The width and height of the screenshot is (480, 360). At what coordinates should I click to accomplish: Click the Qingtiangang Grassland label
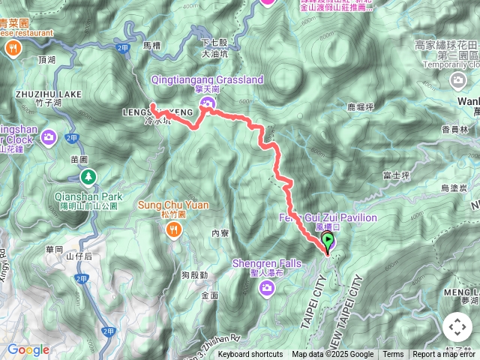(x=207, y=79)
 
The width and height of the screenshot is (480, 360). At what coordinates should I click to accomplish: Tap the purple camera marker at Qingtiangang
(x=207, y=103)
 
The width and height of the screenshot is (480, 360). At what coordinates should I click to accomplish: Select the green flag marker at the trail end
(x=328, y=241)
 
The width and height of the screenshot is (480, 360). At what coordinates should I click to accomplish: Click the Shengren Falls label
(x=266, y=263)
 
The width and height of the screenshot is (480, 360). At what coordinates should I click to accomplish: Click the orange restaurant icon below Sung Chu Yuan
(x=174, y=229)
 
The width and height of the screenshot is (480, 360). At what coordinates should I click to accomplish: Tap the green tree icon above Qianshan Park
(x=89, y=177)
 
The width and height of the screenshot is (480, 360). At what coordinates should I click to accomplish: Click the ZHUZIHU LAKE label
(x=49, y=94)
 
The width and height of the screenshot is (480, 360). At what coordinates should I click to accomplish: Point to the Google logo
(x=28, y=349)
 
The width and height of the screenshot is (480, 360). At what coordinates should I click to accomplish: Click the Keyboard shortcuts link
(x=250, y=355)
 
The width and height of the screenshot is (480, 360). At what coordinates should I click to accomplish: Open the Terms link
(x=393, y=355)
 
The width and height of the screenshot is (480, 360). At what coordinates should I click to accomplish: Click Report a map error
(x=443, y=355)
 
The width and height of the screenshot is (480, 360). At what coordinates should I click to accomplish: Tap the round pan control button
(x=457, y=328)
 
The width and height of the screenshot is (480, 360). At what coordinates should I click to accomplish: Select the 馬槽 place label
(x=152, y=46)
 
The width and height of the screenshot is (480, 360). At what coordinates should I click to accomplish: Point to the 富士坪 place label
(x=394, y=175)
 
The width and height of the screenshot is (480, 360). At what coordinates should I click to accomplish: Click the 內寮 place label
(x=220, y=234)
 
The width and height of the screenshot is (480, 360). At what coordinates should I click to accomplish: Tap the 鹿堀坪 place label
(x=361, y=108)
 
